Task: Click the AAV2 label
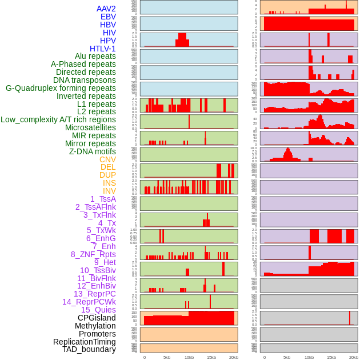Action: point(106,9)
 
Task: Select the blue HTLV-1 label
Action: point(103,49)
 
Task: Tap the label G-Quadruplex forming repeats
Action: point(61,88)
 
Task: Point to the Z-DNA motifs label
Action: point(93,151)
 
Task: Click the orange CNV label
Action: point(107,159)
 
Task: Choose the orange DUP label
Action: point(107,175)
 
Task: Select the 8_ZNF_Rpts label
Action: point(93,254)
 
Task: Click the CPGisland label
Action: point(97,318)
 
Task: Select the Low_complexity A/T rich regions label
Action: point(58,119)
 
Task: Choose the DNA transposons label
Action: point(85,80)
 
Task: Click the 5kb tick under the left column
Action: point(167,357)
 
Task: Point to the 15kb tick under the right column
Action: point(331,357)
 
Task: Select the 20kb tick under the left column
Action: point(234,357)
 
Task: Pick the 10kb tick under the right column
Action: point(309,357)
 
